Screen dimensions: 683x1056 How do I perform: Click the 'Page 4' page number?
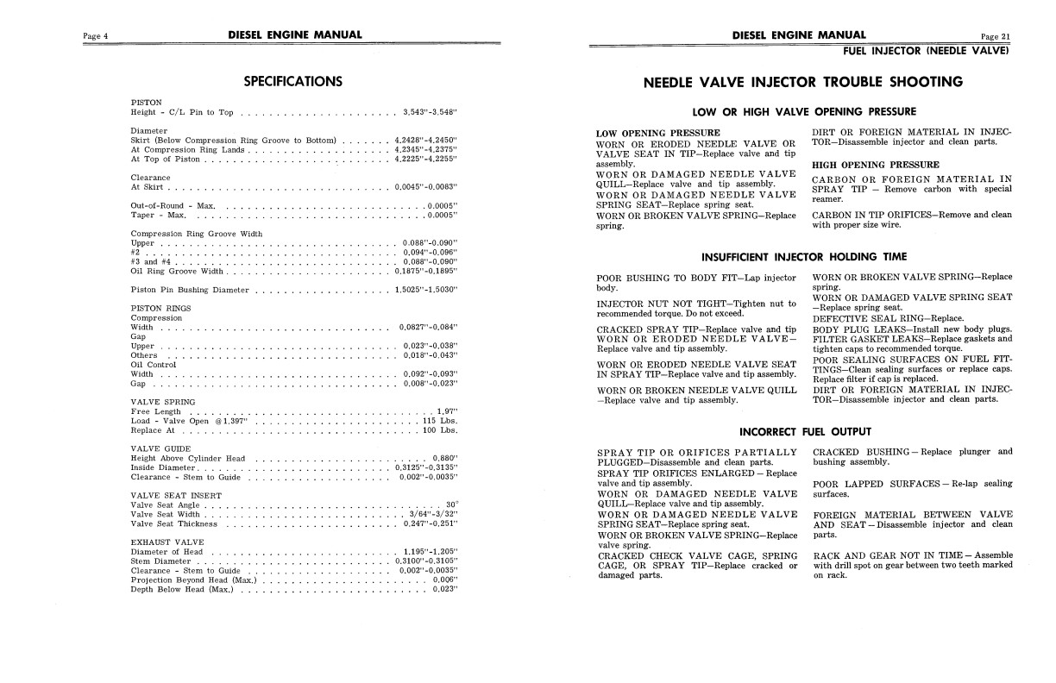point(94,36)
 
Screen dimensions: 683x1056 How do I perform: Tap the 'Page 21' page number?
point(995,36)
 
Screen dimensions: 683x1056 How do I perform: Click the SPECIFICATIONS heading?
point(292,82)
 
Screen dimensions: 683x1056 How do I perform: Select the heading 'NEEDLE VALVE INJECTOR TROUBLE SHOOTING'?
point(803,83)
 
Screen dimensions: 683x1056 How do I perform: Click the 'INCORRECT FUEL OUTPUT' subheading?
point(805,431)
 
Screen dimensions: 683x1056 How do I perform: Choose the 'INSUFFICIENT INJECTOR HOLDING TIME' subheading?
point(804,257)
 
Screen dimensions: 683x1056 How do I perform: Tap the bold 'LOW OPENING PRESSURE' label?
point(646,134)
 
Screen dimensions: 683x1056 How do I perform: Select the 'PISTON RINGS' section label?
point(160,308)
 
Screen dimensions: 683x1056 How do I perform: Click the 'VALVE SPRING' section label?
point(162,403)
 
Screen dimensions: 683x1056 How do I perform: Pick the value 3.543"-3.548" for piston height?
point(430,113)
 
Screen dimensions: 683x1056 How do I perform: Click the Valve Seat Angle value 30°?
point(451,505)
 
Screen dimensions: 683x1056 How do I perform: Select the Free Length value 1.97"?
point(446,412)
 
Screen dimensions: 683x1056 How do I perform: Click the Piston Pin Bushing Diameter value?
point(425,290)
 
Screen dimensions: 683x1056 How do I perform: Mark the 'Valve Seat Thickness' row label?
point(174,523)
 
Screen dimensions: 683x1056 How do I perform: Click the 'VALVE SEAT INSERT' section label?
point(175,496)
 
